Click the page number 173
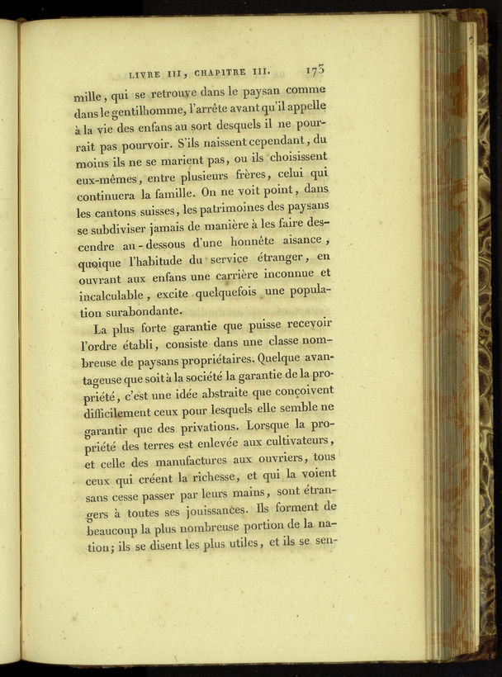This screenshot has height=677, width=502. (x=315, y=70)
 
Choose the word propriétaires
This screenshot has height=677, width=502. (x=214, y=361)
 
